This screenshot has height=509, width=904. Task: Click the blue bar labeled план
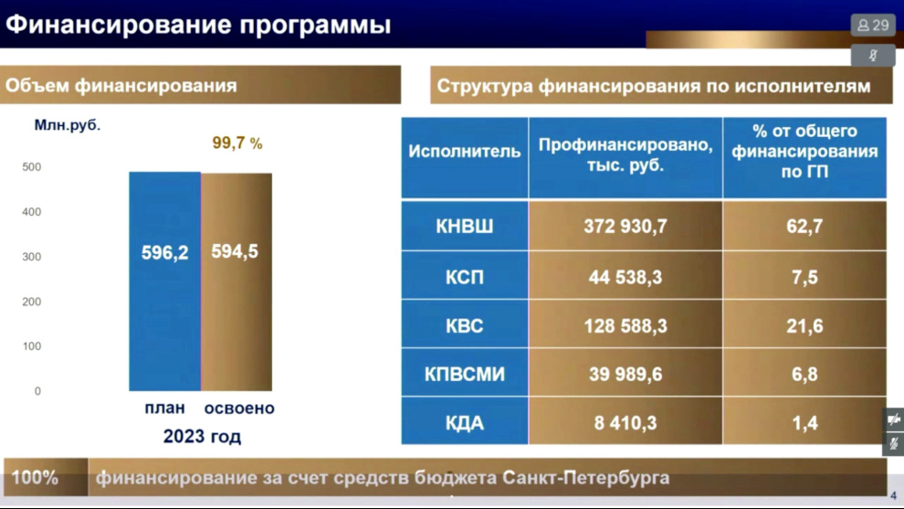(x=165, y=281)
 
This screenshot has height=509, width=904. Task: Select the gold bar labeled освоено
(x=237, y=282)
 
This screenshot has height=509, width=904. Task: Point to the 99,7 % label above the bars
(x=237, y=143)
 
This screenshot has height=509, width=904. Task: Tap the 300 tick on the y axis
(x=32, y=257)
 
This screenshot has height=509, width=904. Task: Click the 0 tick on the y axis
(x=37, y=391)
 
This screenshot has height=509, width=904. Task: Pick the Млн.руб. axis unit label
(x=68, y=125)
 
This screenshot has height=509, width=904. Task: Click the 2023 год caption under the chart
(x=202, y=436)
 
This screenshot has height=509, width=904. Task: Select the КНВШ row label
(x=465, y=226)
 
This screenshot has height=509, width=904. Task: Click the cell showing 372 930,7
(x=625, y=226)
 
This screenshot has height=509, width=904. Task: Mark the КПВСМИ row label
(x=465, y=373)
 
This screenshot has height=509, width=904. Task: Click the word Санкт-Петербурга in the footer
(x=585, y=478)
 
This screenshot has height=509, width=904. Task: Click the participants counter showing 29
(x=873, y=26)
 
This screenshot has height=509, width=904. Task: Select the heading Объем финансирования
(x=121, y=85)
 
